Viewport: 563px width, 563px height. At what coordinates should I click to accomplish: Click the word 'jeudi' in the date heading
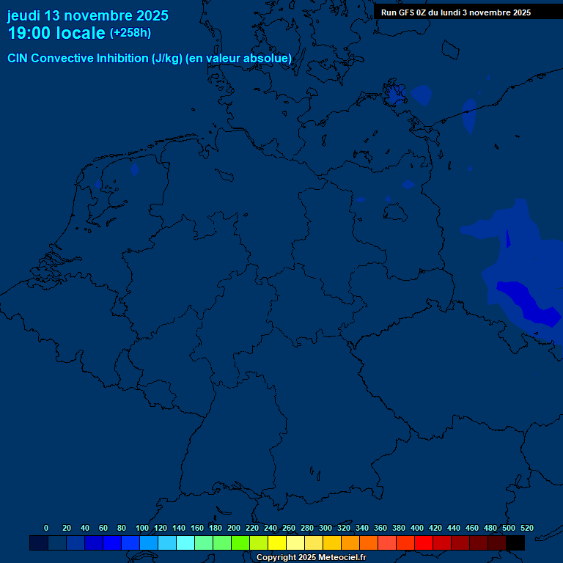point(24,15)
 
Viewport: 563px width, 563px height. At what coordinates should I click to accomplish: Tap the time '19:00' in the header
point(30,33)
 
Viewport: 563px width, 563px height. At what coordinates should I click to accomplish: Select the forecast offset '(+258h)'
point(130,33)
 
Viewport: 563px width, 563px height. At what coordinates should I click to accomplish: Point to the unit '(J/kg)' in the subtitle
point(167,58)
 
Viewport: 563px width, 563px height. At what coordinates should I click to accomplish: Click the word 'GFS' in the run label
point(411,12)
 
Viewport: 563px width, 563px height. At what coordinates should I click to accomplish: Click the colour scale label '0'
point(46,528)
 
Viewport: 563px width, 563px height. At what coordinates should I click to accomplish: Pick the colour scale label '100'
point(142,528)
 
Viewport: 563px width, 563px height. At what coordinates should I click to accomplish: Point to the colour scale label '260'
point(289,528)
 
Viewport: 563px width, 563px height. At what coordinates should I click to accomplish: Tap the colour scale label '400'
point(417,528)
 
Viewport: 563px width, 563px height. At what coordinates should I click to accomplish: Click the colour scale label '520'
point(527,528)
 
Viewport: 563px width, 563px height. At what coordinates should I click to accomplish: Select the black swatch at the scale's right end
point(515,542)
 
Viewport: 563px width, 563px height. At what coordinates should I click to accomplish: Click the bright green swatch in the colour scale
point(240,542)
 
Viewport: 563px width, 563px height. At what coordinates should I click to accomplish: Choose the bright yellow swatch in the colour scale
point(277,542)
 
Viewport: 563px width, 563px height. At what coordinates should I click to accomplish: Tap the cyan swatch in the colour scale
point(185,542)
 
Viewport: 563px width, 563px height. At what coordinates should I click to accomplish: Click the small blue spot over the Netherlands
point(134,169)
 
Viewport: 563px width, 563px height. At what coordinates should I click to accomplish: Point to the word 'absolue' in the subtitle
point(268,58)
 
